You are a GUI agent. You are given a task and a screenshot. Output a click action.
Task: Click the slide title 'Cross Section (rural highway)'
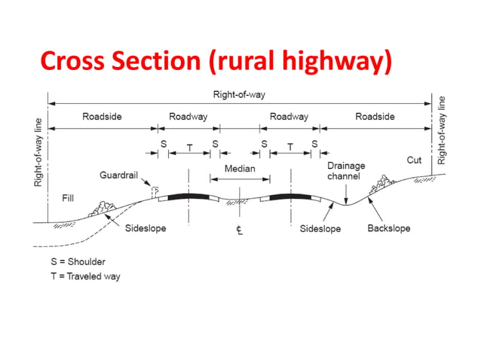216,61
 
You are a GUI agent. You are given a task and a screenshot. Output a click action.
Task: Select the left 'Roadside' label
102,117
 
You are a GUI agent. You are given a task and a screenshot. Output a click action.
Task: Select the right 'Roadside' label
375,117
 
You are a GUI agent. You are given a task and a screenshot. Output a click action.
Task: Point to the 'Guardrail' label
118,175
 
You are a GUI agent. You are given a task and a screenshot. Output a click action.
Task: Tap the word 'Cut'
414,160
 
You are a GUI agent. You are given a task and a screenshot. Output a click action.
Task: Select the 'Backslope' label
388,228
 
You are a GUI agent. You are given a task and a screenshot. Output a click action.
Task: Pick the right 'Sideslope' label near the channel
320,228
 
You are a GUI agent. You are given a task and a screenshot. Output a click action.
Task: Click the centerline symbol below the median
238,229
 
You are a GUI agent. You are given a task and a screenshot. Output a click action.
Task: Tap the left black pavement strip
188,197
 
